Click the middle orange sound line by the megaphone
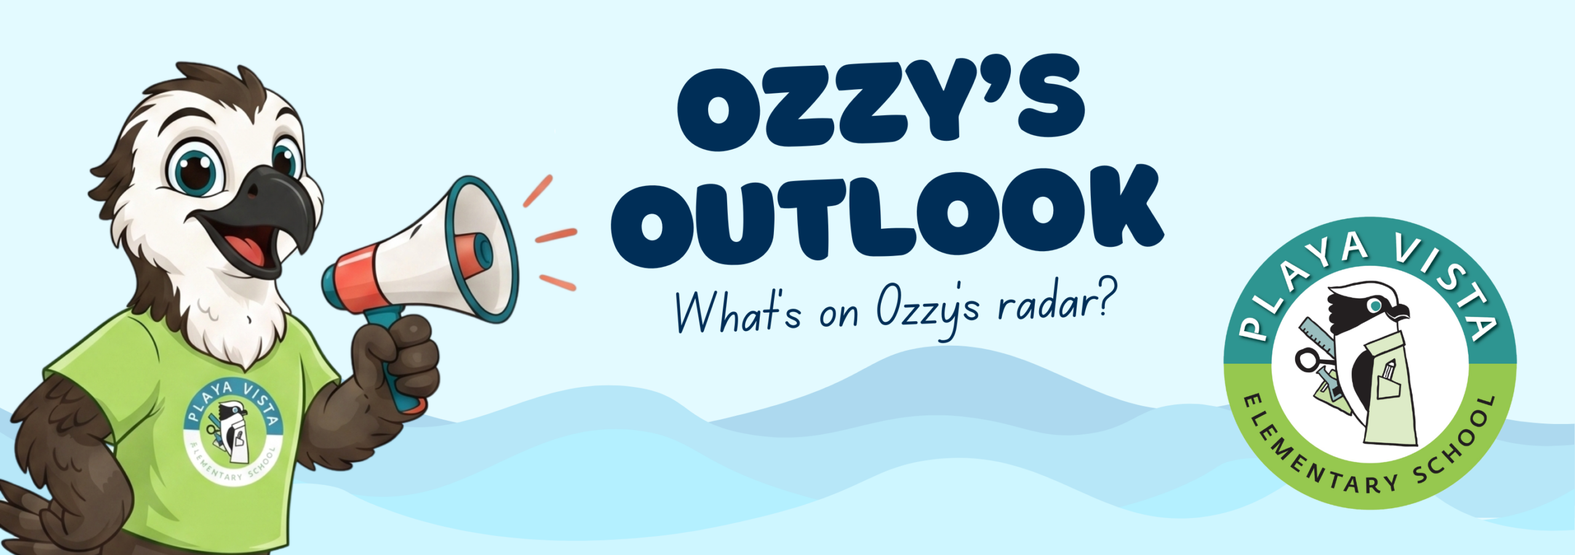556,235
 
